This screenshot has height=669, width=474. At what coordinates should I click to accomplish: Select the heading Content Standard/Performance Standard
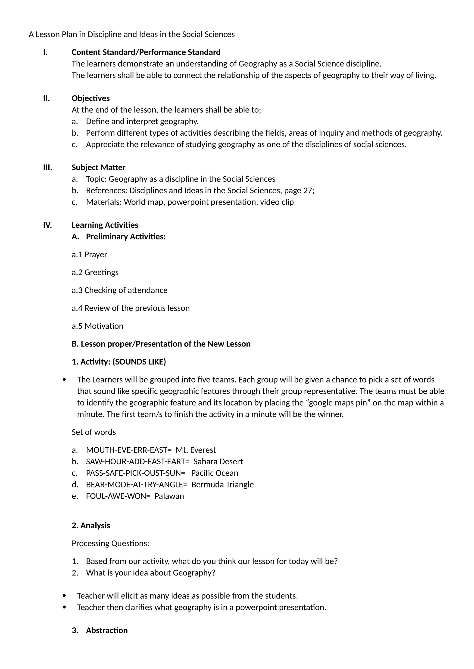pos(146,52)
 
